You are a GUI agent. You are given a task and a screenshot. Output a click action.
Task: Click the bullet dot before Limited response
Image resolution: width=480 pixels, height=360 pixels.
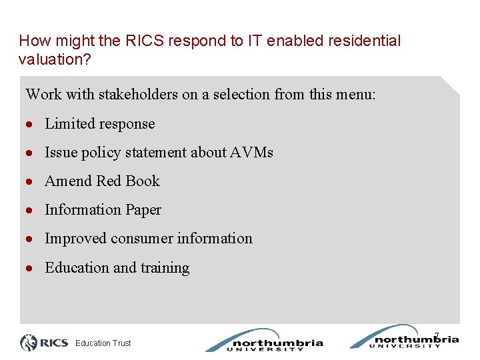coord(31,125)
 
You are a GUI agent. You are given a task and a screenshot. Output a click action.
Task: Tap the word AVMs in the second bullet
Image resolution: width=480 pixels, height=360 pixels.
coord(252,153)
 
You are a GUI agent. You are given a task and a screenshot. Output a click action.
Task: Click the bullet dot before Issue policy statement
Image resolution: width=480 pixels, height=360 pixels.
coord(31,153)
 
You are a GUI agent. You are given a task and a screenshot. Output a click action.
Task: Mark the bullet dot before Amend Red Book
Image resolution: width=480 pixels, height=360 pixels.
coord(31,182)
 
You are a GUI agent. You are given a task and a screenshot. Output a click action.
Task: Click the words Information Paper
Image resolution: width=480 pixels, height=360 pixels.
coord(103,210)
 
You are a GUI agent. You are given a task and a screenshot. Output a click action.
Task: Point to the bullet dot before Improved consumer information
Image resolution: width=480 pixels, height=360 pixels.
coord(31,239)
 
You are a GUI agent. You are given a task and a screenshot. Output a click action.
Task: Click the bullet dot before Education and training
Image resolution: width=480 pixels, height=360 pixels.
coord(31,269)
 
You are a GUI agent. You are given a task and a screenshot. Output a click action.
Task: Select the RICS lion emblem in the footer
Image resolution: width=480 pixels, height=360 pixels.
coord(29,343)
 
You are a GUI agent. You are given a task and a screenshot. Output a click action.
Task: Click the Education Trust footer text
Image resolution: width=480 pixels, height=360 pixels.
coord(103,343)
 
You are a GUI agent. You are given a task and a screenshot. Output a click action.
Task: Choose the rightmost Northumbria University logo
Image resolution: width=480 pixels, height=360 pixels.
coord(404,337)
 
